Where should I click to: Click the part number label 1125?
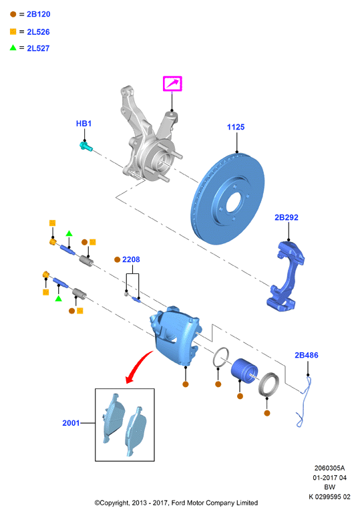(235, 127)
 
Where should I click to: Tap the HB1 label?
(83, 124)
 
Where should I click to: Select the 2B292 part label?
(287, 217)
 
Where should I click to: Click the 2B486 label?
(307, 355)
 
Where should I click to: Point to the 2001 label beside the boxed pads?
(71, 423)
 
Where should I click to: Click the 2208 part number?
(131, 259)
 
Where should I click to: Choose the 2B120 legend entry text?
(39, 14)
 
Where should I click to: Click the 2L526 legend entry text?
(38, 32)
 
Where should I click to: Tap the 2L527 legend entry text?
(38, 48)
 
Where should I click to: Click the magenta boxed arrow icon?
(172, 84)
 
